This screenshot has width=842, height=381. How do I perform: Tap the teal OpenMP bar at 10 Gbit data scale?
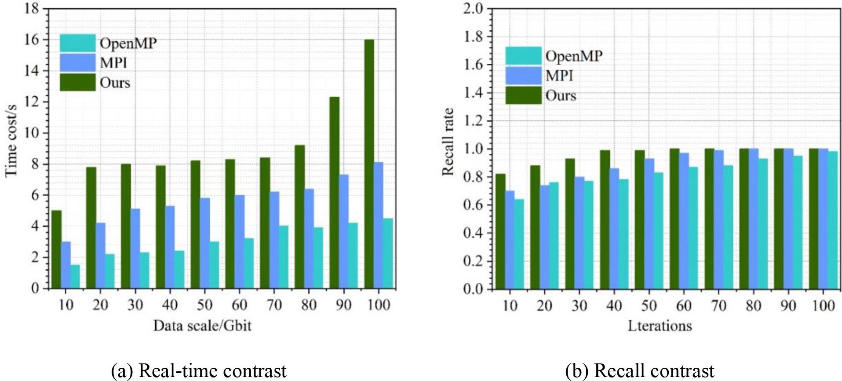75,276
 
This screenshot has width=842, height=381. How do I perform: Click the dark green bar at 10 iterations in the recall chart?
500,231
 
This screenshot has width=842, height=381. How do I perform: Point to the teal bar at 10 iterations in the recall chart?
519,244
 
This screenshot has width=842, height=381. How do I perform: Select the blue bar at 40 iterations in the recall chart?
614,228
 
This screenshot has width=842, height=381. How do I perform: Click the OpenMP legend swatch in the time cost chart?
77,43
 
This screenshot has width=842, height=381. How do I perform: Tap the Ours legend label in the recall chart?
561,95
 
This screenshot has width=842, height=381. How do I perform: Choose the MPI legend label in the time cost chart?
113,63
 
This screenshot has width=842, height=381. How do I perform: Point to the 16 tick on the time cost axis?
32,40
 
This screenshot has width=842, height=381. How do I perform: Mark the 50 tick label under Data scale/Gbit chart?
204,305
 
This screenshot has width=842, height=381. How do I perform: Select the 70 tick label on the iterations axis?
718,305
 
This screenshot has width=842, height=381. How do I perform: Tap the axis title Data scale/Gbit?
202,326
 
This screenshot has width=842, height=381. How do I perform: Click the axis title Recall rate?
448,142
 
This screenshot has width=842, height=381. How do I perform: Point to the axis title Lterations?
660,326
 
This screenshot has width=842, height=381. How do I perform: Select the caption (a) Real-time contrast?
199,371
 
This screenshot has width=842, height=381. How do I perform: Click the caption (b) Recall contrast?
640,371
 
